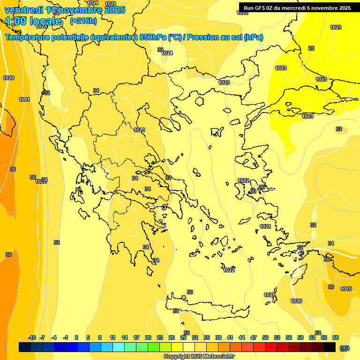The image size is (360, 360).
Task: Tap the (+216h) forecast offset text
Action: coord(83,21)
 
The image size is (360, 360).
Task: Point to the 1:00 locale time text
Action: coord(34,21)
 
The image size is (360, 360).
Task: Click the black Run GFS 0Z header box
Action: coord(297,8)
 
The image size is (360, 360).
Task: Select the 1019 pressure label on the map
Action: coord(346,289)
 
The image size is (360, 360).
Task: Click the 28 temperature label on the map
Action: coord(311,48)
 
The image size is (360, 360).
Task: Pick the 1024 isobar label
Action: coord(167,53)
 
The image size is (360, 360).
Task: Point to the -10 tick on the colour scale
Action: coord(32,337)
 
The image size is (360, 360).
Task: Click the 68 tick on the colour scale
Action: coord(336,337)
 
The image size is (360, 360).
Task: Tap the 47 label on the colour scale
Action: coord(254,337)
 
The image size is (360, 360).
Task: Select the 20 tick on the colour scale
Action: coord(148,337)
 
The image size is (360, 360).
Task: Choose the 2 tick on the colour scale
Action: coord(77,337)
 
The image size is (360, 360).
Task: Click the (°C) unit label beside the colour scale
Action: coord(345,348)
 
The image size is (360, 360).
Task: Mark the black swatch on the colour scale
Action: coord(330,347)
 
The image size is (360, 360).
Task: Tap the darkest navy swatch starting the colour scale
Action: coord(25,347)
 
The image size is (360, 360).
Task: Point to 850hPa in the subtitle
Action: coord(152,37)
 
